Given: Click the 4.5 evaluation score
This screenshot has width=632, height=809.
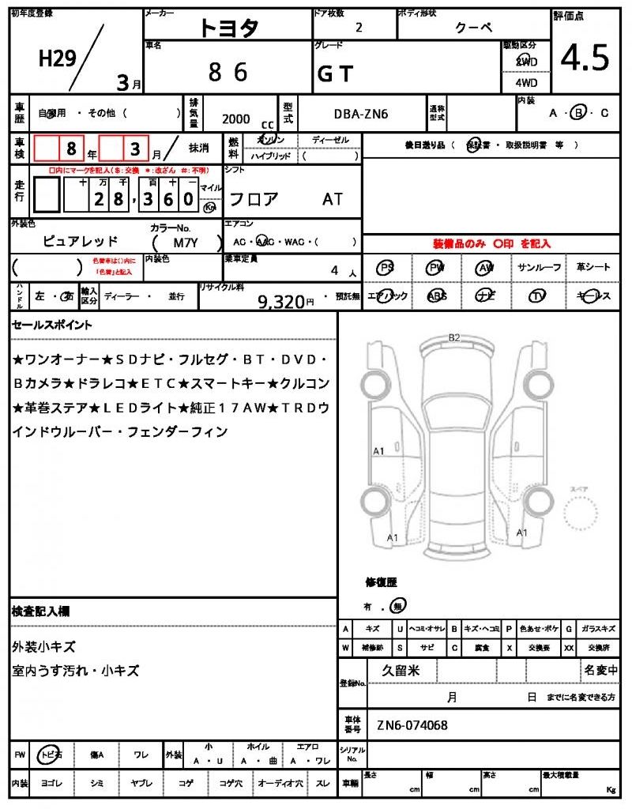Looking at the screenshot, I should [585, 58].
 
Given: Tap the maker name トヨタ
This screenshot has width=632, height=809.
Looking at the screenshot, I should [228, 27].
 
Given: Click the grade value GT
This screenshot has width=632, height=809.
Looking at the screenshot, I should [335, 73].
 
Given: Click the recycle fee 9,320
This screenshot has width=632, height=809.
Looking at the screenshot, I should [281, 301].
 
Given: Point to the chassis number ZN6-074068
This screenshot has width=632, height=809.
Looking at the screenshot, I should [412, 725].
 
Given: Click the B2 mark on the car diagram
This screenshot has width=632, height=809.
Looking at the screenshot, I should [454, 337].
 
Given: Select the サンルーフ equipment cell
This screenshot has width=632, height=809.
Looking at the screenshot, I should [540, 268].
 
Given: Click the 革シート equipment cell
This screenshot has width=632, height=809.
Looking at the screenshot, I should [592, 268].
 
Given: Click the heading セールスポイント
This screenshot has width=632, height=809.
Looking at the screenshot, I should [51, 324].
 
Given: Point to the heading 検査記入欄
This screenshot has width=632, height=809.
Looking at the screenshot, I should [40, 611].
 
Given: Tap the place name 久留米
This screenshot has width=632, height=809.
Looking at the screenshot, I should [401, 670].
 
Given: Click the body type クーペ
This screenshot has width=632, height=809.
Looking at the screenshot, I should [474, 27].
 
